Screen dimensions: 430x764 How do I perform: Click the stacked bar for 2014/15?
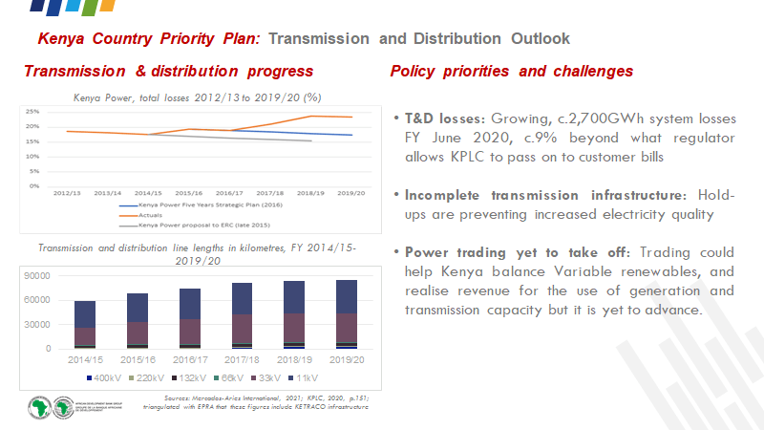pyautogui.click(x=85, y=325)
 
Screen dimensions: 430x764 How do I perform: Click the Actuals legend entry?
pyautogui.click(x=150, y=217)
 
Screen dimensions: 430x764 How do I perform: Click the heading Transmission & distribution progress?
pyautogui.click(x=168, y=72)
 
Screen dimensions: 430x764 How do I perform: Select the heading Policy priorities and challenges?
pyautogui.click(x=512, y=72)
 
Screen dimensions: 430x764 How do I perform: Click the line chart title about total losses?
pyautogui.click(x=197, y=97)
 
